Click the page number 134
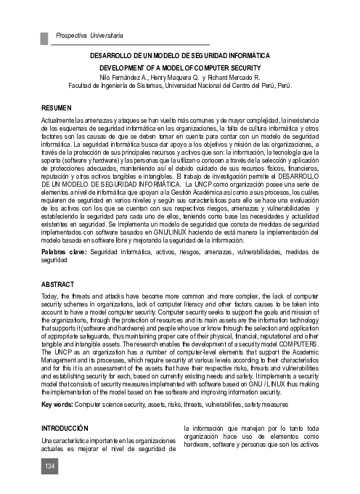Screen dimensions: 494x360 tap(49, 465)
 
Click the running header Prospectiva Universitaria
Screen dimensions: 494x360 tap(89, 35)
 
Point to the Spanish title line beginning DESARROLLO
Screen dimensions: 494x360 tap(180, 55)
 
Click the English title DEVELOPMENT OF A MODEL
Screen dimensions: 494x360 tap(180, 66)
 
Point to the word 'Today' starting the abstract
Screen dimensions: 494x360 tap(50, 299)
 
